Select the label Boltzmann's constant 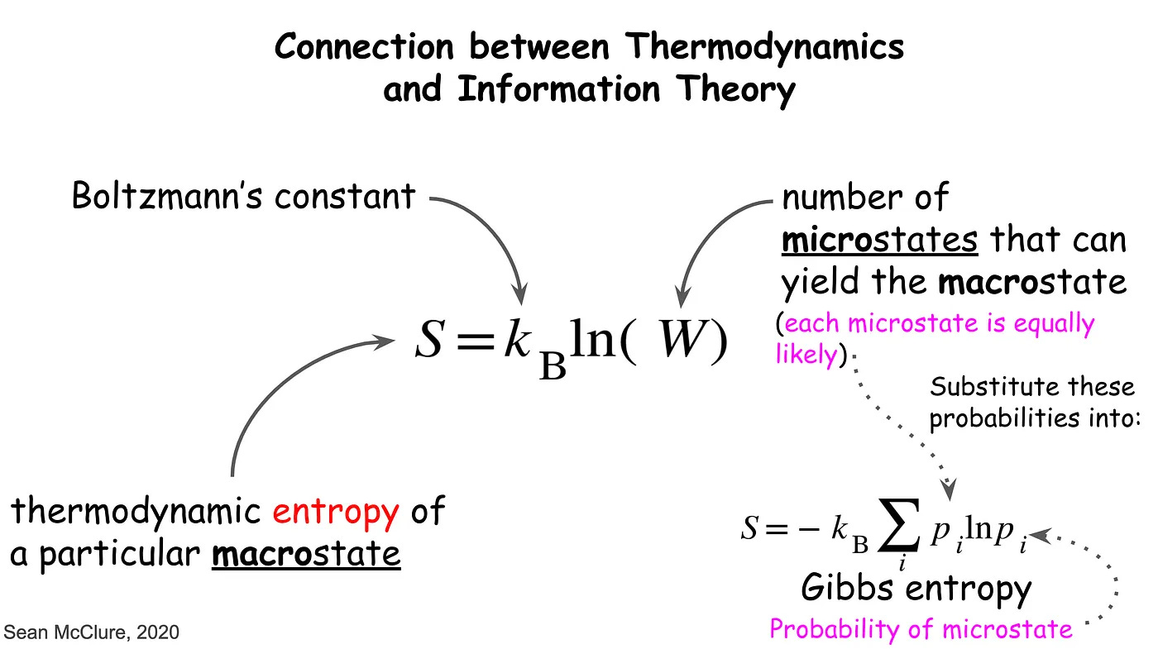click(x=243, y=197)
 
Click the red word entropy click(x=336, y=513)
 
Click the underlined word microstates click(x=879, y=240)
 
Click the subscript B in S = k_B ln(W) click(x=553, y=364)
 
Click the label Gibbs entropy click(x=916, y=589)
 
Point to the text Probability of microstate click(x=921, y=629)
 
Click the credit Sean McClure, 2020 click(x=91, y=633)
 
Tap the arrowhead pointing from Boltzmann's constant click(x=519, y=294)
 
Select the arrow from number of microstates click(x=711, y=240)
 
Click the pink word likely click(x=806, y=354)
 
